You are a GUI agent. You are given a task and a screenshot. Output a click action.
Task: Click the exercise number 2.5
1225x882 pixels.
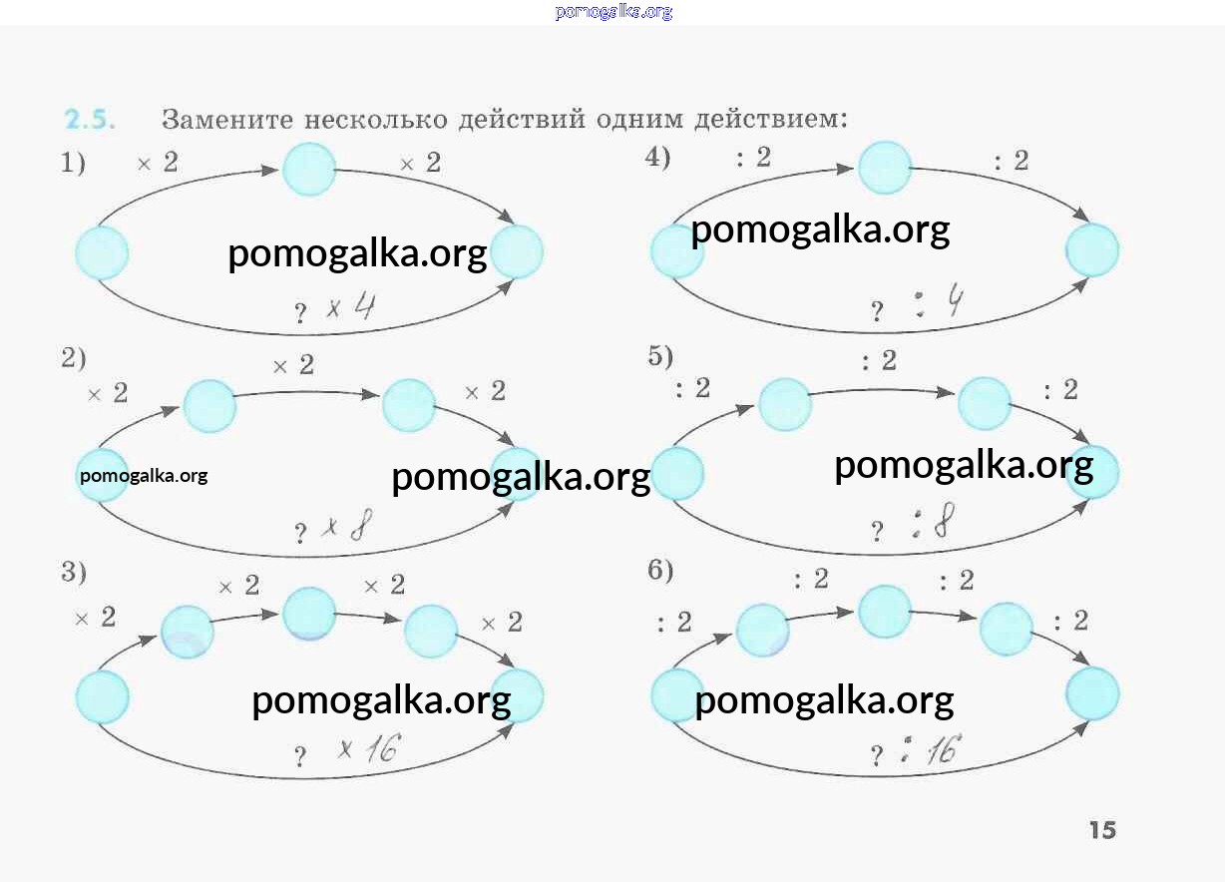[x=90, y=121]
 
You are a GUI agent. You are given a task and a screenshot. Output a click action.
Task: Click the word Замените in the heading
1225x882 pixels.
[x=225, y=120]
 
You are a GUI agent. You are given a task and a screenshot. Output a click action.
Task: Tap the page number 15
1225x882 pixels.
[x=1102, y=830]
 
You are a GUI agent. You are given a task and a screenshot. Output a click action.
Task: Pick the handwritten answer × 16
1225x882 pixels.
[x=367, y=749]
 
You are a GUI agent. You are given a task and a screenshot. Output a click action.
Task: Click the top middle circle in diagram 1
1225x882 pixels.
[x=309, y=170]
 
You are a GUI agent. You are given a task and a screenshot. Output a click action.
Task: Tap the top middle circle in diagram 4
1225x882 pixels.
[x=885, y=168]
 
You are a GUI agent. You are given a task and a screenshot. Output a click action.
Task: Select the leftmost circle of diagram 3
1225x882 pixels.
[x=103, y=696]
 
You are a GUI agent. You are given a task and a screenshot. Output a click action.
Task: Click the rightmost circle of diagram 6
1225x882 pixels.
[x=1092, y=693]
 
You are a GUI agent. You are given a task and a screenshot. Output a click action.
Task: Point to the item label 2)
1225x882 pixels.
[x=74, y=358]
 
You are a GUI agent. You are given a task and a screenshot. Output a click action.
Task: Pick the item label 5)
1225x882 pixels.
[x=660, y=356]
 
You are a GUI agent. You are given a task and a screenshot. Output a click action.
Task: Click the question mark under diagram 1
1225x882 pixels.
[x=300, y=314]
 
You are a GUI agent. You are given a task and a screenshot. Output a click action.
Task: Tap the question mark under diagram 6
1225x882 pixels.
[x=876, y=756]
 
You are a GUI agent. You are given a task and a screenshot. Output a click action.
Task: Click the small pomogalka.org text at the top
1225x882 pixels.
[x=612, y=12]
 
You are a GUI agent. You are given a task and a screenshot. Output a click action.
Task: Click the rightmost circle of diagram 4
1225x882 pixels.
[x=1092, y=249]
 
